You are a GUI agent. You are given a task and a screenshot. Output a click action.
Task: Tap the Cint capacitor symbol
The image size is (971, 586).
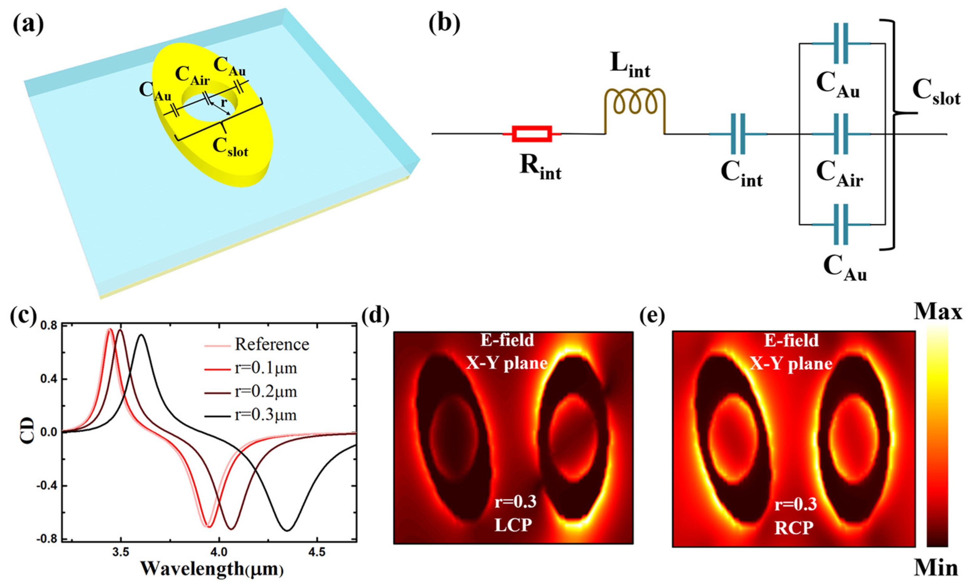coord(738,134)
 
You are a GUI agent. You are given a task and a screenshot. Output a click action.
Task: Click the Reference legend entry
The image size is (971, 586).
coord(272,345)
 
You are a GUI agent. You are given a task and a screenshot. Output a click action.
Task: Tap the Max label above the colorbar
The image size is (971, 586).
coord(938,312)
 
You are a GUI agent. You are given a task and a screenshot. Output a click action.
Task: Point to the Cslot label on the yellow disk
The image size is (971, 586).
coord(231,148)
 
